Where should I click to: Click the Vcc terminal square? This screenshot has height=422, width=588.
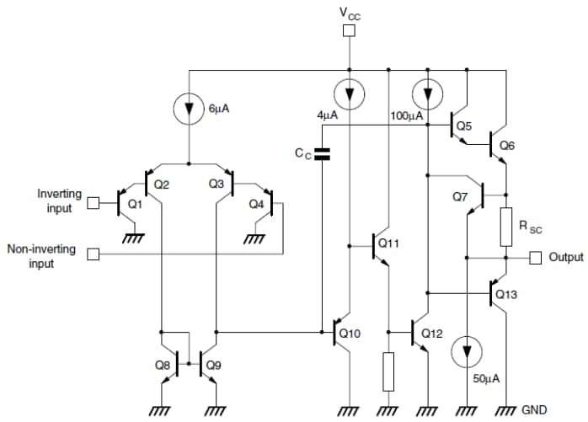click(x=348, y=31)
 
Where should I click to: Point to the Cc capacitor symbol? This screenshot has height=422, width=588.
click(x=322, y=154)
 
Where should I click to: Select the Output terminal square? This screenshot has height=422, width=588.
click(x=535, y=257)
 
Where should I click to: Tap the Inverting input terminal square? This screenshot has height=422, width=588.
click(x=94, y=202)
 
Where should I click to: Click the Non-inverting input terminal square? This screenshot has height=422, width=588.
click(x=94, y=253)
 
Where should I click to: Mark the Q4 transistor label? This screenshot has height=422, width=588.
click(x=255, y=203)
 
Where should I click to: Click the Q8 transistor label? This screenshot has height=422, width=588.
click(x=163, y=365)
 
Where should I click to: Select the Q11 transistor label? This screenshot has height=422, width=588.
click(x=388, y=243)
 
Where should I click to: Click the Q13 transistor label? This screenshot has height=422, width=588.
click(x=506, y=295)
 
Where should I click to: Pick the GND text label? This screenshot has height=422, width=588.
click(x=536, y=410)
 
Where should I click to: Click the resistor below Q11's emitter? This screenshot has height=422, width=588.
click(x=388, y=371)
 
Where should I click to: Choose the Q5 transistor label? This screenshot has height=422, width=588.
click(x=463, y=127)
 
